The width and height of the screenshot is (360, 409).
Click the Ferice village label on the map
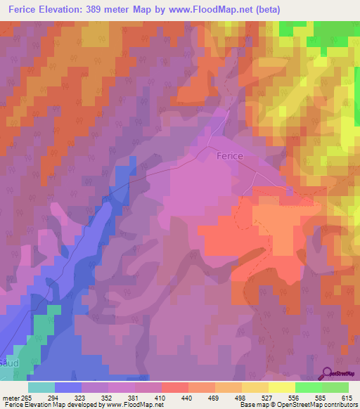230,155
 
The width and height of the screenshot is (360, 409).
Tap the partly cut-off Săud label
8,363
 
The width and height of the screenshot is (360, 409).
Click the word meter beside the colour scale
11,398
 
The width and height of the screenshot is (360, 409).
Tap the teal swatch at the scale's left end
41,387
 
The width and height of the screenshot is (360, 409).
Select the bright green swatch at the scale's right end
335,387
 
